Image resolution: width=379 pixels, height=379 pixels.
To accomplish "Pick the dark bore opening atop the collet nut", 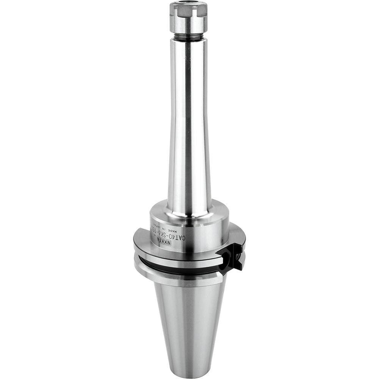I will [x=189, y=4].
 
